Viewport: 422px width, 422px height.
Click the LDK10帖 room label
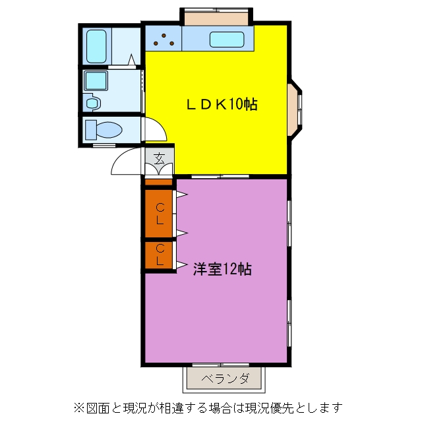click(222, 104)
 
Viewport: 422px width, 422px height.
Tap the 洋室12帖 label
click(222, 268)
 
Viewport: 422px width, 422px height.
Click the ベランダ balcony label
click(226, 378)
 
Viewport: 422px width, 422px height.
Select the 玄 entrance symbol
click(160, 158)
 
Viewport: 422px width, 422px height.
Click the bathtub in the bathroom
click(96, 46)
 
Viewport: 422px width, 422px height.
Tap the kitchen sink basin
click(227, 40)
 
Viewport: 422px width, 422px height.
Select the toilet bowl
click(104, 130)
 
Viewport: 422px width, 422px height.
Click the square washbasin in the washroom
click(96, 80)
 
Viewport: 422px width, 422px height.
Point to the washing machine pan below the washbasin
click(92, 102)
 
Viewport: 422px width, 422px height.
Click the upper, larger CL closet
click(159, 214)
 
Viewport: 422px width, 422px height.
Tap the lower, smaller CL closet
click(159, 255)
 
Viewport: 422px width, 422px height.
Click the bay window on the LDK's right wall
click(295, 110)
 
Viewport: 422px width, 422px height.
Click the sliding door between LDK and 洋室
click(220, 177)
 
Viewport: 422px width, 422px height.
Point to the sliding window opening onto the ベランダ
click(221, 365)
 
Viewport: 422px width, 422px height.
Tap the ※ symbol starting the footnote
click(80, 408)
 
